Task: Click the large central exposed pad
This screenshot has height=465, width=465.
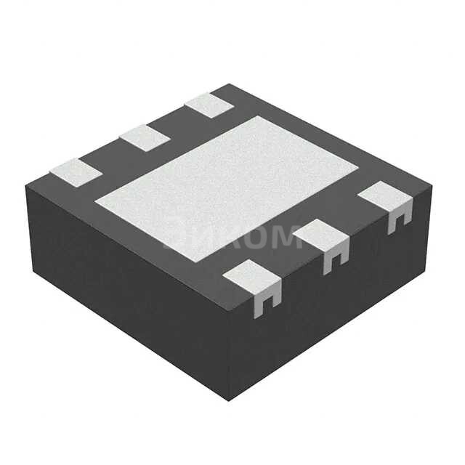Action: [225, 185]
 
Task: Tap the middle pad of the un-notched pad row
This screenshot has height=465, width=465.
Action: [144, 137]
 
